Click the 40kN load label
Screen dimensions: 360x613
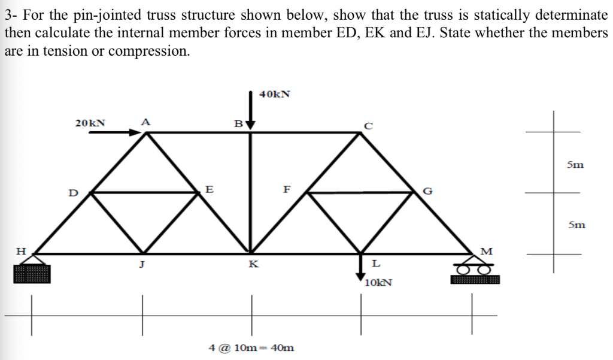275,94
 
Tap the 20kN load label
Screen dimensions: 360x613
90,123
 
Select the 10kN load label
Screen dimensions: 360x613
378,282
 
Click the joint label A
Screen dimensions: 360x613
145,121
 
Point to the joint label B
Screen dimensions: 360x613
238,124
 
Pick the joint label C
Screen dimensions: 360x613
369,125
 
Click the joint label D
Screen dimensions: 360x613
72,193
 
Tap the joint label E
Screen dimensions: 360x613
210,189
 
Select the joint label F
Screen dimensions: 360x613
287,190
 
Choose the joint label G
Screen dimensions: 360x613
427,192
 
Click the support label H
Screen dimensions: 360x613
20,252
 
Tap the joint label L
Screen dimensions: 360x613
375,264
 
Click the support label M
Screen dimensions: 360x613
487,250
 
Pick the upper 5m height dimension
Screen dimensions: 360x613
576,164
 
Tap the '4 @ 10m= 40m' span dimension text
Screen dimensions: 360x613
251,347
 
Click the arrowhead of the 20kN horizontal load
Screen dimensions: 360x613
136,132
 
